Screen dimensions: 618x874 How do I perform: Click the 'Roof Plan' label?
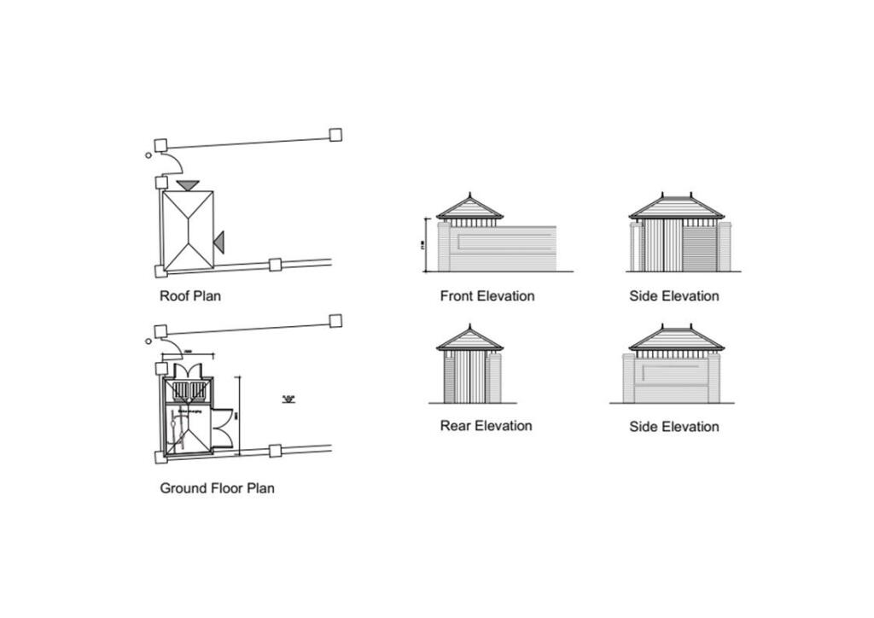coord(190,296)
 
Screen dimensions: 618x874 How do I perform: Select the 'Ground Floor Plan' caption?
coord(217,488)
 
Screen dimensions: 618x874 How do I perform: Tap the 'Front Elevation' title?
coord(487,296)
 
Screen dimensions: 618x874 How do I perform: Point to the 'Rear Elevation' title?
coord(486,425)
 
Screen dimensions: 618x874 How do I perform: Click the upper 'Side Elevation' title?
coord(673,296)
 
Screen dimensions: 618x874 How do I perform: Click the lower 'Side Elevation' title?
coord(673,426)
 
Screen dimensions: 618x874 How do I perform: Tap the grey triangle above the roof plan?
coord(188,184)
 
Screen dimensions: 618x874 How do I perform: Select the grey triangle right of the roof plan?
coord(218,242)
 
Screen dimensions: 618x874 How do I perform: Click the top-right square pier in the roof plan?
coord(335,134)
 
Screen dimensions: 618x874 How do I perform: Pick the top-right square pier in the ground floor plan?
coord(335,320)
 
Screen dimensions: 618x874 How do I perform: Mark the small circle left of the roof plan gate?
coord(149,154)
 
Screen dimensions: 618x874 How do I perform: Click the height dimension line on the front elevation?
coord(426,245)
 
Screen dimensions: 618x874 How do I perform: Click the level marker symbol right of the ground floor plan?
coord(288,399)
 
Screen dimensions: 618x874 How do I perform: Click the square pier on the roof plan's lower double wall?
coord(275,265)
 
